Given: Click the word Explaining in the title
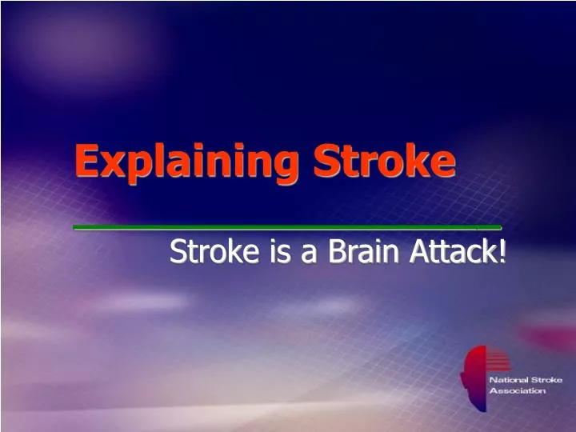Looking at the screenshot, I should [x=188, y=162].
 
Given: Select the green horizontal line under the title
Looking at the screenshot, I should [x=287, y=228].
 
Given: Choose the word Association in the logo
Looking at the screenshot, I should [x=517, y=391].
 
